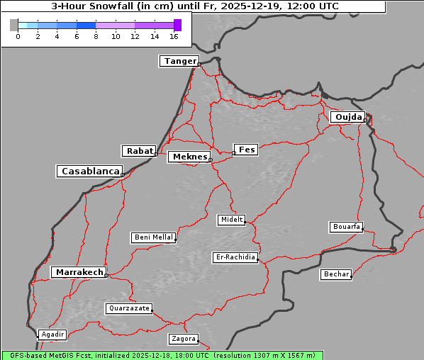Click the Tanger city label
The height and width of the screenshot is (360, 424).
pyautogui.click(x=179, y=61)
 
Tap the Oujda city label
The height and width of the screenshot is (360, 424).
pyautogui.click(x=347, y=117)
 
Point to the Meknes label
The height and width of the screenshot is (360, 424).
pyautogui.click(x=189, y=157)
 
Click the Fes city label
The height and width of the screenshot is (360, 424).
pyautogui.click(x=246, y=150)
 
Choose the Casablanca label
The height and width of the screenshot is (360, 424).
pyautogui.click(x=90, y=171)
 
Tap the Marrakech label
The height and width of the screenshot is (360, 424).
pyautogui.click(x=79, y=272)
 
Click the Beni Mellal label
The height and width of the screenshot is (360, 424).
pyautogui.click(x=153, y=237)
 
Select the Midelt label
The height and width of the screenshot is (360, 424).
pyautogui.click(x=231, y=220)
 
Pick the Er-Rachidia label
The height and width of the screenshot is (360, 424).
pyautogui.click(x=235, y=257)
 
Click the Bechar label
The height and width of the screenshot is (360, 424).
pyautogui.click(x=336, y=274)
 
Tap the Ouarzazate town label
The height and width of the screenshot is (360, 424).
pyautogui.click(x=128, y=308)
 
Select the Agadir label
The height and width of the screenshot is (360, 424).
pyautogui.click(x=52, y=334)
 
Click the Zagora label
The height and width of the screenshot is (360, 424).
pyautogui.click(x=183, y=339)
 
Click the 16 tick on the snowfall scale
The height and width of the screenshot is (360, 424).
pyautogui.click(x=174, y=36)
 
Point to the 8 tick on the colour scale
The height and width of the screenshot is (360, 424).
pyautogui.click(x=96, y=36)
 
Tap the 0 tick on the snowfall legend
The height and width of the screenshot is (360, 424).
pyautogui.click(x=18, y=36)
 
